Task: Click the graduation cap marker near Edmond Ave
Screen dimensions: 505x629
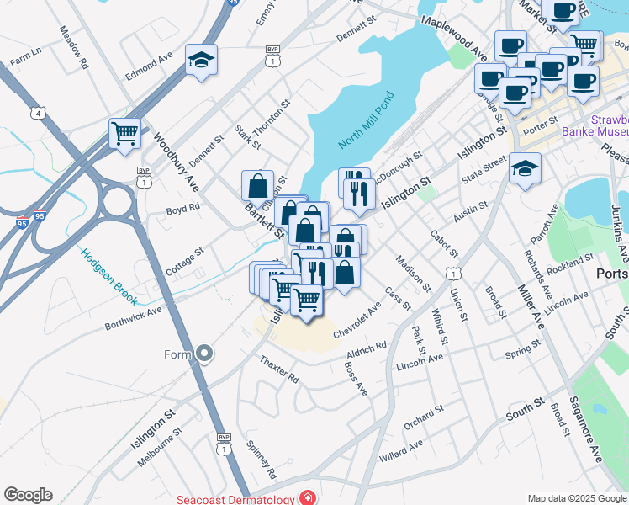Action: click(x=201, y=59)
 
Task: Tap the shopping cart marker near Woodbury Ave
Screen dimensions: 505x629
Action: click(x=124, y=132)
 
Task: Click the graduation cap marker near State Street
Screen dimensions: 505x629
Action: click(x=525, y=167)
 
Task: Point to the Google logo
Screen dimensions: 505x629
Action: click(x=28, y=495)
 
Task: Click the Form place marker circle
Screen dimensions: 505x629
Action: click(x=204, y=354)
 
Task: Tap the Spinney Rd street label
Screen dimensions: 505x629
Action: click(x=262, y=460)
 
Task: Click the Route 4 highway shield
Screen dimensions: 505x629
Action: click(x=38, y=113)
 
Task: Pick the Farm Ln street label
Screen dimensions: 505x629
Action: click(x=25, y=57)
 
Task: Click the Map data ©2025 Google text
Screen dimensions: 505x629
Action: click(x=577, y=498)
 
